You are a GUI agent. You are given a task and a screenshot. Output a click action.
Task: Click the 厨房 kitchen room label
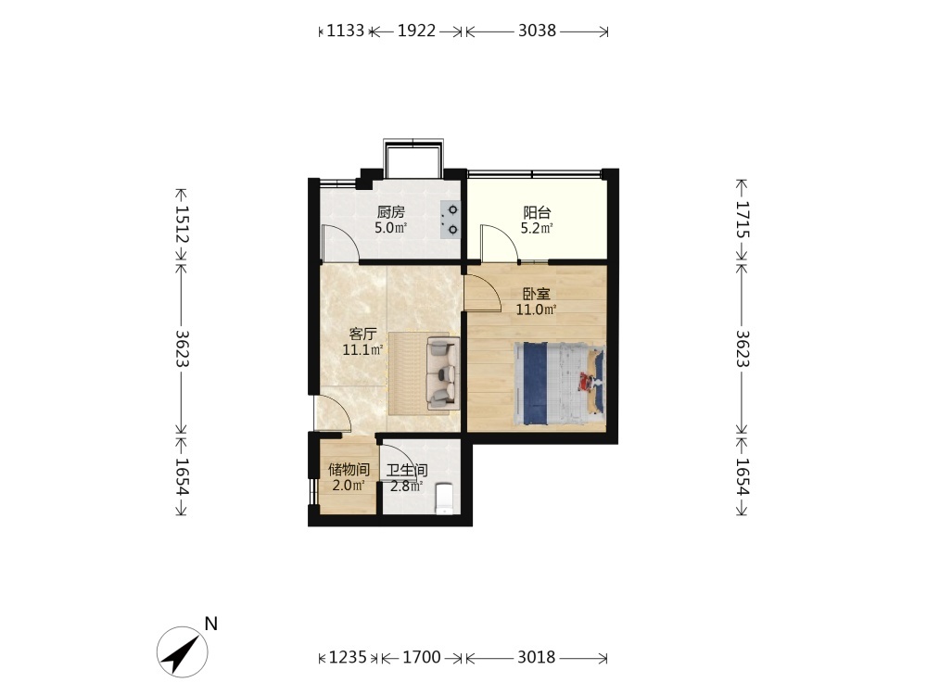[x=391, y=211]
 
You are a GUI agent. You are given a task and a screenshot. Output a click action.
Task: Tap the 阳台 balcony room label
[x=537, y=212]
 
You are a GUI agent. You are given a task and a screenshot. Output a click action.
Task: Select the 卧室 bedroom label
[x=536, y=293]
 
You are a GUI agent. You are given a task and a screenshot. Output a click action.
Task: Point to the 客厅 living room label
[x=362, y=334]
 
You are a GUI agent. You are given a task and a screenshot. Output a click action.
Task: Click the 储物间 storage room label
[x=349, y=470]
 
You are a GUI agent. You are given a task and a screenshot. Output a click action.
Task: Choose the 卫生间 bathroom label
[x=407, y=471]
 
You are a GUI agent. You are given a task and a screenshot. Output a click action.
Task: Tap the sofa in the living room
[x=443, y=373]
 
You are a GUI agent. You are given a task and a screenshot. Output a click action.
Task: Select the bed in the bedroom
[x=559, y=384]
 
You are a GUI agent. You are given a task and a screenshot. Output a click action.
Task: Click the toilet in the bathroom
[x=445, y=499]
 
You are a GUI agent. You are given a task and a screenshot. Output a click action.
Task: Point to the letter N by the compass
[x=211, y=624]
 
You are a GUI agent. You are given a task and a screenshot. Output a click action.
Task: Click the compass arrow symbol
[x=182, y=651]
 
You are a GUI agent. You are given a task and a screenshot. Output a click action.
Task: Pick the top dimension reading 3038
[x=537, y=31]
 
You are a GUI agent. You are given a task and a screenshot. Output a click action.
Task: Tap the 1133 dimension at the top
[x=345, y=31]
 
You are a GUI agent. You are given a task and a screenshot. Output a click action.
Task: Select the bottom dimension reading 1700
[x=422, y=657]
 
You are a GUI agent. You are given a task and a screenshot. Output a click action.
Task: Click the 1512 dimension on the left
[x=182, y=224]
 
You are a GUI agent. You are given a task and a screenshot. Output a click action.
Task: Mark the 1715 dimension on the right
[x=743, y=220]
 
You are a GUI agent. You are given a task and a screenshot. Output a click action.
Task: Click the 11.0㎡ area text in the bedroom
[x=536, y=310]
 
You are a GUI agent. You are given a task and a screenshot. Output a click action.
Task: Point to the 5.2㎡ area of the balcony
[x=537, y=228]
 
